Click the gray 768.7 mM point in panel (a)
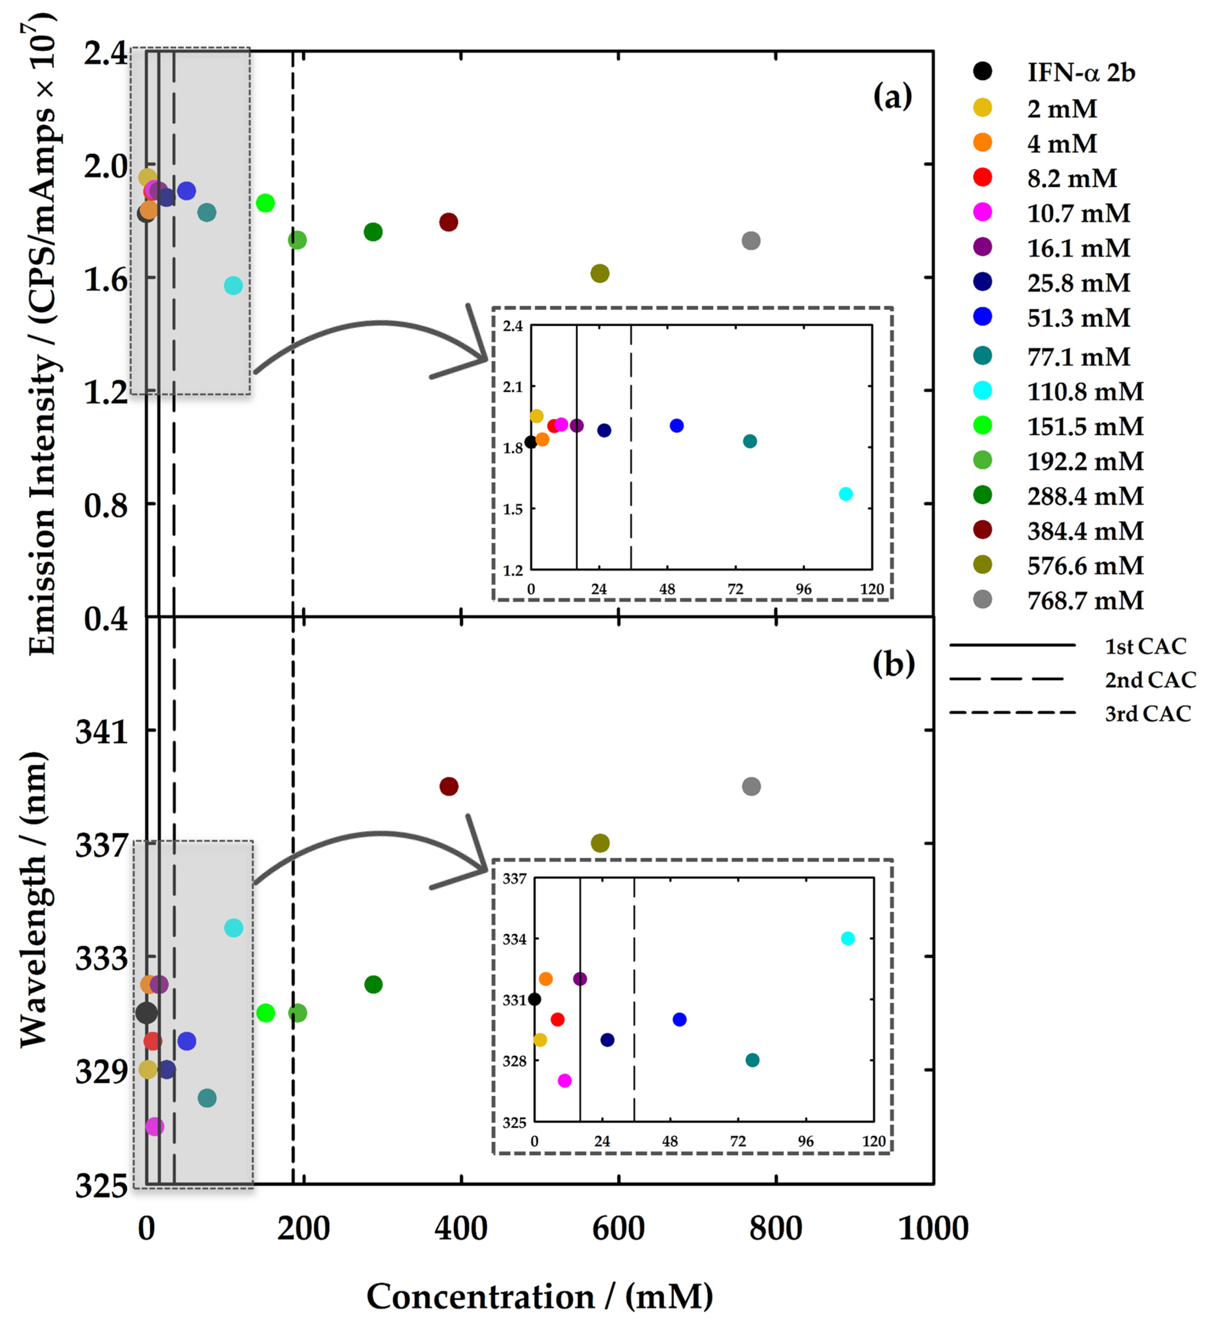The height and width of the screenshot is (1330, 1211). point(750,241)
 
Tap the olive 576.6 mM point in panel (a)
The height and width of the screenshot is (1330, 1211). point(599,273)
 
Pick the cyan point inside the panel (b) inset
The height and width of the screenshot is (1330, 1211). point(848,938)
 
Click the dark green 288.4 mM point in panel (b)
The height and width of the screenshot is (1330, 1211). point(373,984)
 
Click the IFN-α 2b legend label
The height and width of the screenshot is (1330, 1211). point(1080,73)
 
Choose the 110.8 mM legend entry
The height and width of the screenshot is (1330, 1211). point(1084,391)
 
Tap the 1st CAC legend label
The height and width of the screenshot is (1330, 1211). point(1145,647)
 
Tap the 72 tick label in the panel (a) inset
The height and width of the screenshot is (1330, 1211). point(735,589)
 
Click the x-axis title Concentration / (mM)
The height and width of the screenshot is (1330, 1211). point(539,1296)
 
